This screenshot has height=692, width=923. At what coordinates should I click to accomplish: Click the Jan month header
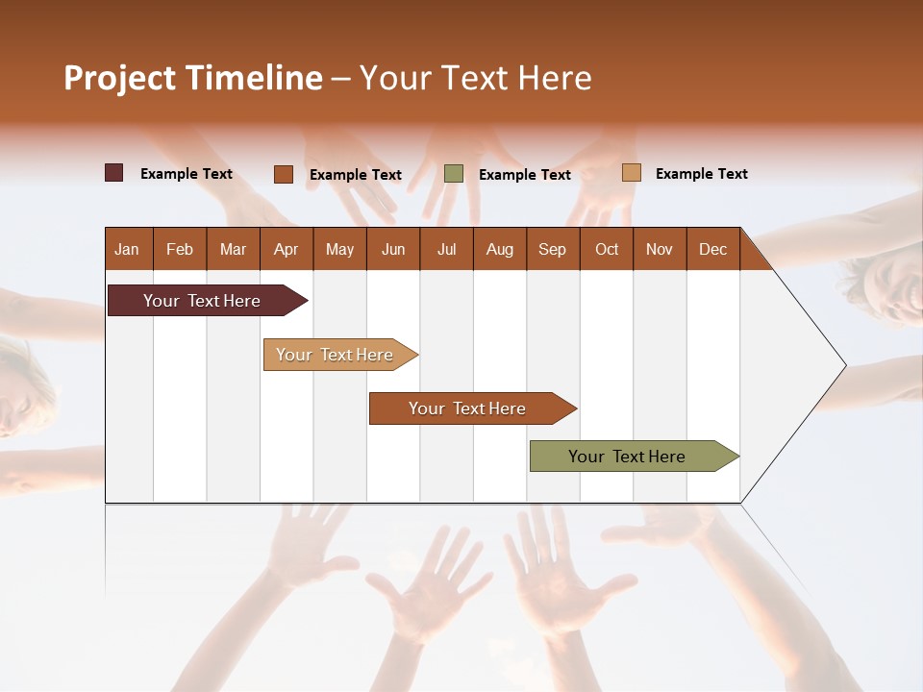click(x=127, y=249)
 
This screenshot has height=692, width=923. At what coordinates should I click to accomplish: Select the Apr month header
click(x=286, y=249)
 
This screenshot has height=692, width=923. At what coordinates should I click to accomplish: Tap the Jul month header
click(x=446, y=249)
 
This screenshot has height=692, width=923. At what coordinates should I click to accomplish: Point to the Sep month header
click(x=552, y=249)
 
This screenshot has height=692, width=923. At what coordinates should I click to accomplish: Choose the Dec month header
click(x=712, y=249)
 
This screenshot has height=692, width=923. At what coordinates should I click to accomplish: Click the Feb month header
click(x=180, y=249)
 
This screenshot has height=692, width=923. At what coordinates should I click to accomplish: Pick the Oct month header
click(x=607, y=249)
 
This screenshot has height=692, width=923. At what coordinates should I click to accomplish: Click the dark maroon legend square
click(x=114, y=173)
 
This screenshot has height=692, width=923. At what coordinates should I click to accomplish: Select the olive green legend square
click(x=454, y=173)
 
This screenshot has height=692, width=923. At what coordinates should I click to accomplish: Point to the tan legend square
click(x=632, y=173)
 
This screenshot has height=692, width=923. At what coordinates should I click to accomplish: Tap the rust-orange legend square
click(x=284, y=174)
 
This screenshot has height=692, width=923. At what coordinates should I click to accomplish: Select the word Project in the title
click(x=119, y=78)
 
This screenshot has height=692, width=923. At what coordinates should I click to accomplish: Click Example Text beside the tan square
click(x=701, y=174)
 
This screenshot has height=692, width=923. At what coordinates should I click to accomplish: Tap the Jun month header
click(x=393, y=249)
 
